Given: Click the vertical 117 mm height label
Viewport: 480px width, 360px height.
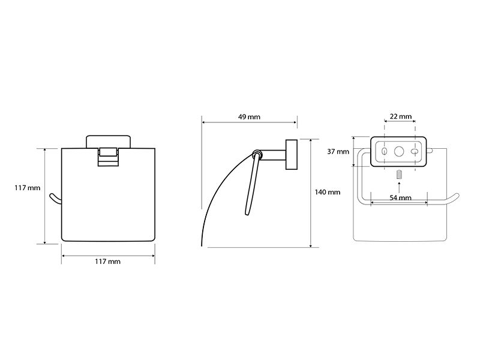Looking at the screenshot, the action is coord(27,188).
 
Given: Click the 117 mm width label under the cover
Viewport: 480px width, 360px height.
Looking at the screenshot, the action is coord(107,262).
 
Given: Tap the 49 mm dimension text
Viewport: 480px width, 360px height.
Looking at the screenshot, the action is coord(249,117).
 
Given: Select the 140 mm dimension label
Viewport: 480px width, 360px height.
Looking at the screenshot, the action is coord(328,192).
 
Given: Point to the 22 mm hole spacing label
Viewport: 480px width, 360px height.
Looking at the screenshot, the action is coord(401,116).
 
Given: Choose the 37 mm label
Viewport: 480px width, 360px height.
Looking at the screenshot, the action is coord(338,152).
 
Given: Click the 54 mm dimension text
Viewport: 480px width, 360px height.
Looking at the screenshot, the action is coord(400,198).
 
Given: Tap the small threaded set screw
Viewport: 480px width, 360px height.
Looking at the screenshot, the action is coord(398,175).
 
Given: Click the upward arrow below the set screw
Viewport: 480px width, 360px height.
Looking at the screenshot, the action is coord(398,187).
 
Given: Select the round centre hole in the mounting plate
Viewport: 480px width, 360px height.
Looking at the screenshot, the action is coord(399,151).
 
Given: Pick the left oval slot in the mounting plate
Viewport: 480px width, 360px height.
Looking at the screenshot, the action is coord(384,151).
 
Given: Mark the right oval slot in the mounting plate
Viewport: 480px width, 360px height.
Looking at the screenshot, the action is coord(415,151).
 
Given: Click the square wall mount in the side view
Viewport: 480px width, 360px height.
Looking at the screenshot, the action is coord(292,155).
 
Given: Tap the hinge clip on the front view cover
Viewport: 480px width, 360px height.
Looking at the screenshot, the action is coord(108,157).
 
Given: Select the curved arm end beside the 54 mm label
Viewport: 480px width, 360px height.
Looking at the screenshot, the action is coord(453,199).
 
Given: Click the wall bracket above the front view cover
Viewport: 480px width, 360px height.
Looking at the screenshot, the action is coord(108,142).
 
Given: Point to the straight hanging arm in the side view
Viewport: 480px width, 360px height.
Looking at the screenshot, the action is coord(252,185).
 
